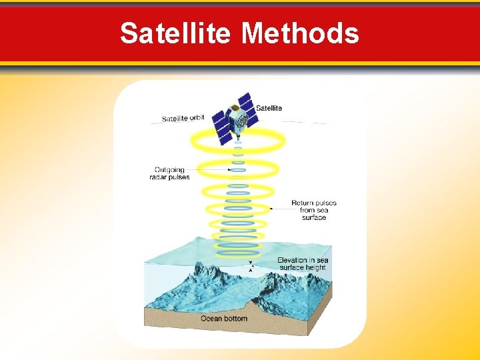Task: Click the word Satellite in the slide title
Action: [177, 33]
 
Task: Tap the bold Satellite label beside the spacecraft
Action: [269, 108]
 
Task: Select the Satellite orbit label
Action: [183, 119]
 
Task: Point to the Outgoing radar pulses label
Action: [169, 173]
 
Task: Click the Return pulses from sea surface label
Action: [313, 210]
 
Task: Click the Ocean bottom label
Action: [224, 318]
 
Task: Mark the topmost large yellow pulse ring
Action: [238, 141]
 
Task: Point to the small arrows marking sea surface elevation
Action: [251, 267]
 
